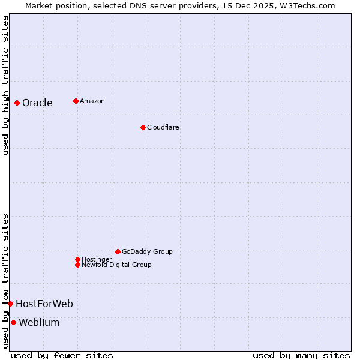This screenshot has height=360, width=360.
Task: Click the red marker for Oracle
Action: click(17, 103)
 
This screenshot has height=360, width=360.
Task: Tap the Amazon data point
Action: click(76, 101)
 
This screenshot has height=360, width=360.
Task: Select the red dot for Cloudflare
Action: click(143, 127)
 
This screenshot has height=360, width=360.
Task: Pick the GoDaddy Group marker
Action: click(118, 251)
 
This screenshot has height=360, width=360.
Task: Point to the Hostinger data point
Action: click(77, 259)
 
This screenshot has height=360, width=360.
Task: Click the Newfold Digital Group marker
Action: click(77, 265)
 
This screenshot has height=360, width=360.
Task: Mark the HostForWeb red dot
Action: click(10, 304)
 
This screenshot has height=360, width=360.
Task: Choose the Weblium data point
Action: click(13, 322)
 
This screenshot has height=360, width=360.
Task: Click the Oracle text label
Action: click(37, 103)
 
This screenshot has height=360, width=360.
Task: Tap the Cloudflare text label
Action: click(163, 127)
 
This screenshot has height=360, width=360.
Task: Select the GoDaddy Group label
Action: click(147, 251)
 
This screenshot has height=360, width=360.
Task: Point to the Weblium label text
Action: click(39, 322)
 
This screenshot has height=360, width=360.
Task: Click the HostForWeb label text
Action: click(44, 304)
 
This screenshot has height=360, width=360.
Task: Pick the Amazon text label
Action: click(92, 101)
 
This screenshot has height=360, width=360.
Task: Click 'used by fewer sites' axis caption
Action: click(62, 355)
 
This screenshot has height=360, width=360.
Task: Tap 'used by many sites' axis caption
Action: click(301, 355)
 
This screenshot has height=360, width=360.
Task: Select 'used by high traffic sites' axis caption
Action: click(6, 85)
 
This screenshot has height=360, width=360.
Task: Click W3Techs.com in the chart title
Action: click(305, 5)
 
